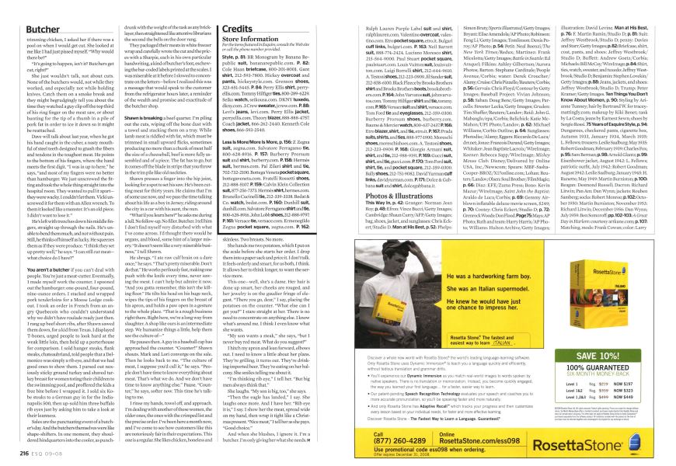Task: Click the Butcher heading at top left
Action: [31, 7]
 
